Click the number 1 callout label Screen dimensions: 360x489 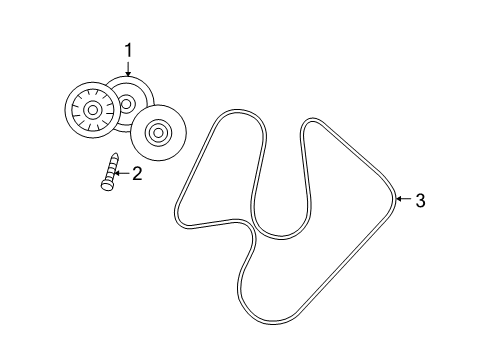click(x=127, y=47)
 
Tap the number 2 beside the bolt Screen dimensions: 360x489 click(x=137, y=173)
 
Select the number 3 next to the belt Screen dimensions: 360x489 click(x=420, y=201)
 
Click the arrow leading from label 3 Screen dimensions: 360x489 click(x=402, y=200)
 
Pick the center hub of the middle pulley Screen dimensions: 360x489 click(x=127, y=103)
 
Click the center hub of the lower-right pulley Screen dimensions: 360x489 click(x=155, y=132)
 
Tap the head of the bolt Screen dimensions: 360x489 click(x=105, y=183)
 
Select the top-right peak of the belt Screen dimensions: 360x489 click(x=311, y=122)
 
